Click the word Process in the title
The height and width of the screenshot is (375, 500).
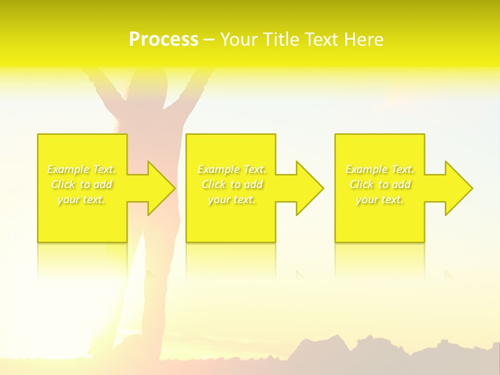coord(164,40)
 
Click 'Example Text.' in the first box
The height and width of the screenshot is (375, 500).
coord(82,169)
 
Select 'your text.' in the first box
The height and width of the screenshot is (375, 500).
coord(82,199)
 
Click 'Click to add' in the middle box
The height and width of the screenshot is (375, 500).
coord(232,184)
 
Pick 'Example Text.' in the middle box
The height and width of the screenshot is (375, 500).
coord(232,169)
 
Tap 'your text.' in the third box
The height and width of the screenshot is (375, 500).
coord(380,199)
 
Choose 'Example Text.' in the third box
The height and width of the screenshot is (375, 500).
coord(380,169)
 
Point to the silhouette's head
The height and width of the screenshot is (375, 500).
coord(142,83)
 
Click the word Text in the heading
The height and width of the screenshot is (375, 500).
coord(321,40)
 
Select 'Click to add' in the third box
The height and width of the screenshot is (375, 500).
coord(380,184)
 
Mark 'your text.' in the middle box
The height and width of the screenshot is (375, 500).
coord(232,199)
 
